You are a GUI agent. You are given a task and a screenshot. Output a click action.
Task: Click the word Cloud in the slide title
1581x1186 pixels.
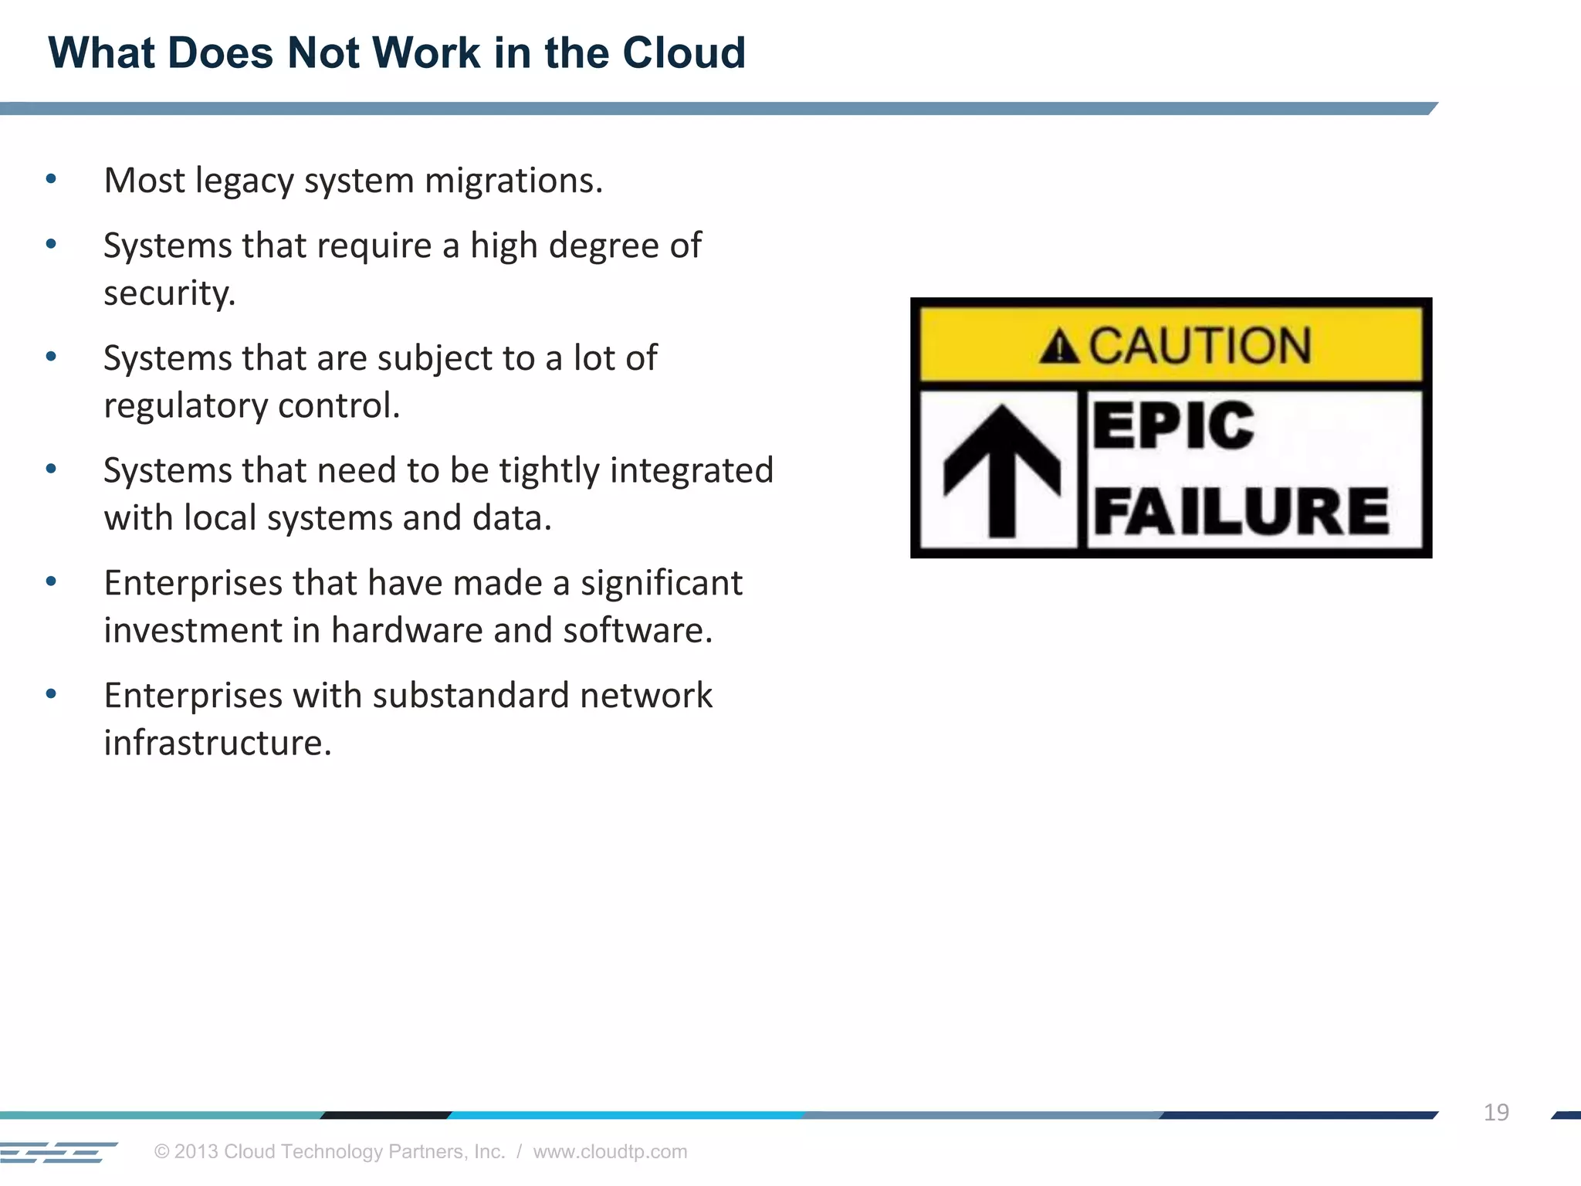[x=684, y=53]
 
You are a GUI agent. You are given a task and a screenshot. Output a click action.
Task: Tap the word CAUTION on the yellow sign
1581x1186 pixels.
[x=1200, y=345]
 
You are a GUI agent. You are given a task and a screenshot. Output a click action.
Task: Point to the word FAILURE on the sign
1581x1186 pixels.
[x=1241, y=511]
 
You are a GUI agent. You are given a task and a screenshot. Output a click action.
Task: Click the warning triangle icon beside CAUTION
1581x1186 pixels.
[x=1059, y=347]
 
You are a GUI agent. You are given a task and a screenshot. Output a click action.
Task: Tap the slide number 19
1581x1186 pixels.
[x=1496, y=1112]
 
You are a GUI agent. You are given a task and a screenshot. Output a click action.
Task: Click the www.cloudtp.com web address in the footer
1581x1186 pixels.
[x=610, y=1151]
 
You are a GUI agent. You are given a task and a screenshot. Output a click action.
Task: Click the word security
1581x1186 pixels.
[x=170, y=293]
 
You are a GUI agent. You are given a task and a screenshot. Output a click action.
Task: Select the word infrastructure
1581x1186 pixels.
[x=218, y=743]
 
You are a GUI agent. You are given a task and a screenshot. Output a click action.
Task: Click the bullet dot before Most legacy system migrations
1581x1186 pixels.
[x=52, y=180]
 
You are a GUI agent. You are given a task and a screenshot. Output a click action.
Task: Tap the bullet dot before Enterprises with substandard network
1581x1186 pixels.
[x=52, y=694]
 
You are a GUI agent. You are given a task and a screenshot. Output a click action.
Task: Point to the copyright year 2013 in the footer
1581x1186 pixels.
[x=195, y=1151]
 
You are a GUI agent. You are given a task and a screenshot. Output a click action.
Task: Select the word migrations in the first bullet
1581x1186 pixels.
[x=513, y=181]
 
